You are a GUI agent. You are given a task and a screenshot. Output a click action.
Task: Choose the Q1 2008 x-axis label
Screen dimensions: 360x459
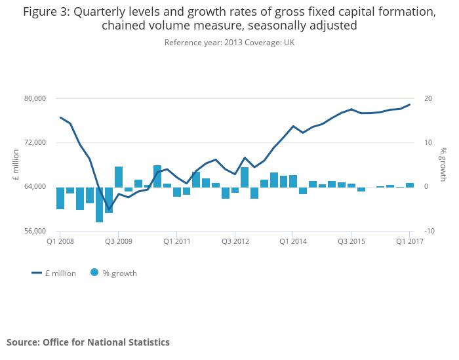coord(60,241)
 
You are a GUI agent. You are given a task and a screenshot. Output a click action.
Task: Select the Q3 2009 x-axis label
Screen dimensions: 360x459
coord(118,241)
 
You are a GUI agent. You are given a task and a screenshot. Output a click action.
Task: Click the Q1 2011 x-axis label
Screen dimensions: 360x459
coord(176,241)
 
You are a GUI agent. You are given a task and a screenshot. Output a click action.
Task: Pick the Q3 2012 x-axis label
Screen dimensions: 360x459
coord(235,241)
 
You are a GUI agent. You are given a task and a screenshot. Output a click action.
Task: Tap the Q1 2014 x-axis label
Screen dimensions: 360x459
coord(293,241)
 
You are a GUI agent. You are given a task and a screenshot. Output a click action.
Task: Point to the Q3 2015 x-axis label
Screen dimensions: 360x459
coord(351,241)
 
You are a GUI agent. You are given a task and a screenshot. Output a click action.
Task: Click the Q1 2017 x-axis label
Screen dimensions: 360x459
coord(409,241)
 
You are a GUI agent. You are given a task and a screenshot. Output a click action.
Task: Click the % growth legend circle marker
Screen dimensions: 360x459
coord(94,273)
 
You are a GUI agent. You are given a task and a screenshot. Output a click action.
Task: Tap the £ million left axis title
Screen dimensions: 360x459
coord(16,165)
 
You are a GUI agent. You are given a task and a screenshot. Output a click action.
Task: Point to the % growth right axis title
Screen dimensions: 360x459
coord(443,165)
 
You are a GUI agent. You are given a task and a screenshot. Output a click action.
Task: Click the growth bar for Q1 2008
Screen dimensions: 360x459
coord(60,198)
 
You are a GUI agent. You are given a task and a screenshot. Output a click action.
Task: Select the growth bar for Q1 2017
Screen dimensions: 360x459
coord(410,185)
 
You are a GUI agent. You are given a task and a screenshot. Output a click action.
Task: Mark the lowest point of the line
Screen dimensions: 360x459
coord(109,210)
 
